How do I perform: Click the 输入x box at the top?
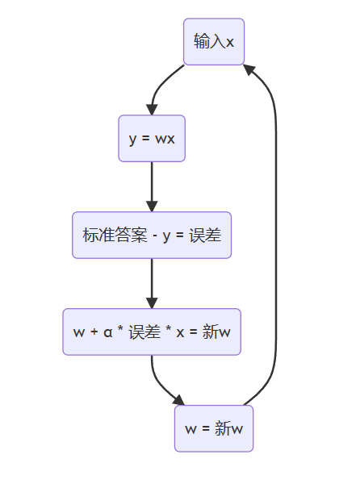pyautogui.click(x=214, y=41)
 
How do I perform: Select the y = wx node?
pyautogui.click(x=152, y=138)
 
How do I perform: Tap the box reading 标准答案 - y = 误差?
pyautogui.click(x=152, y=235)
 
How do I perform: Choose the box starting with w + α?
pyautogui.click(x=152, y=332)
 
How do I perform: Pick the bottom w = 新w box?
pyautogui.click(x=214, y=428)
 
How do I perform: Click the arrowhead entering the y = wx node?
pyautogui.click(x=152, y=109)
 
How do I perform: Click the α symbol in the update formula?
pyautogui.click(x=107, y=332)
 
